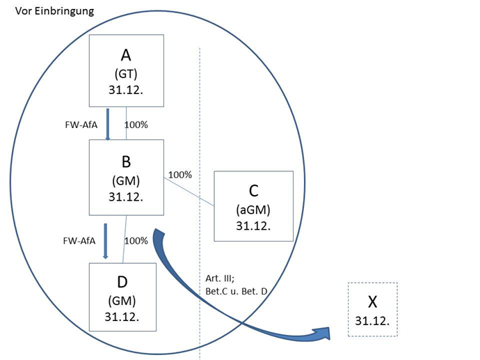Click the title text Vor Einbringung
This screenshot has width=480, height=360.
(x=54, y=12)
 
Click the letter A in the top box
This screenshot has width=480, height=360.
(x=126, y=55)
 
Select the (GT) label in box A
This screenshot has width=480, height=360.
(x=126, y=73)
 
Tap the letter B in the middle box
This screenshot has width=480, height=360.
(x=126, y=162)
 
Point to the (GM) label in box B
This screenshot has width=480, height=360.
(x=126, y=180)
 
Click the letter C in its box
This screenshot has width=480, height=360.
(x=253, y=190)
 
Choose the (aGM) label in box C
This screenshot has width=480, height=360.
(x=253, y=209)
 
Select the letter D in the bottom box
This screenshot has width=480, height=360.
(x=122, y=282)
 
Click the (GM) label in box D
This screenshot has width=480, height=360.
(x=122, y=300)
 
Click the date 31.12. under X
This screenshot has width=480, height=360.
(x=371, y=320)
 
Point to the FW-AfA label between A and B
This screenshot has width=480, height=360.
(x=79, y=125)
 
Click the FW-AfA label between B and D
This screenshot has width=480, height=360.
(x=79, y=240)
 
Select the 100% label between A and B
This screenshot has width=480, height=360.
(x=136, y=125)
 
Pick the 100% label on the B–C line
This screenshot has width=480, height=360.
(x=180, y=175)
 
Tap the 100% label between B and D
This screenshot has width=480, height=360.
(x=136, y=240)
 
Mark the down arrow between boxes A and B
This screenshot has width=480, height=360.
(x=108, y=123)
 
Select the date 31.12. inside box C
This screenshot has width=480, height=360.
(x=253, y=226)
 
